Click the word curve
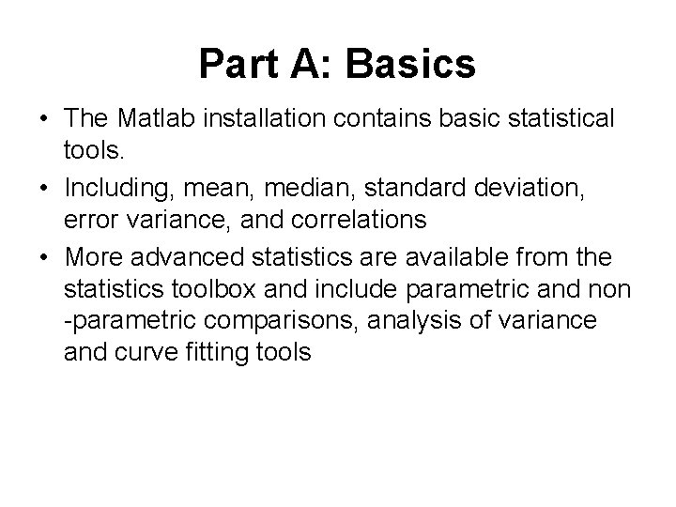[x=146, y=353]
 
